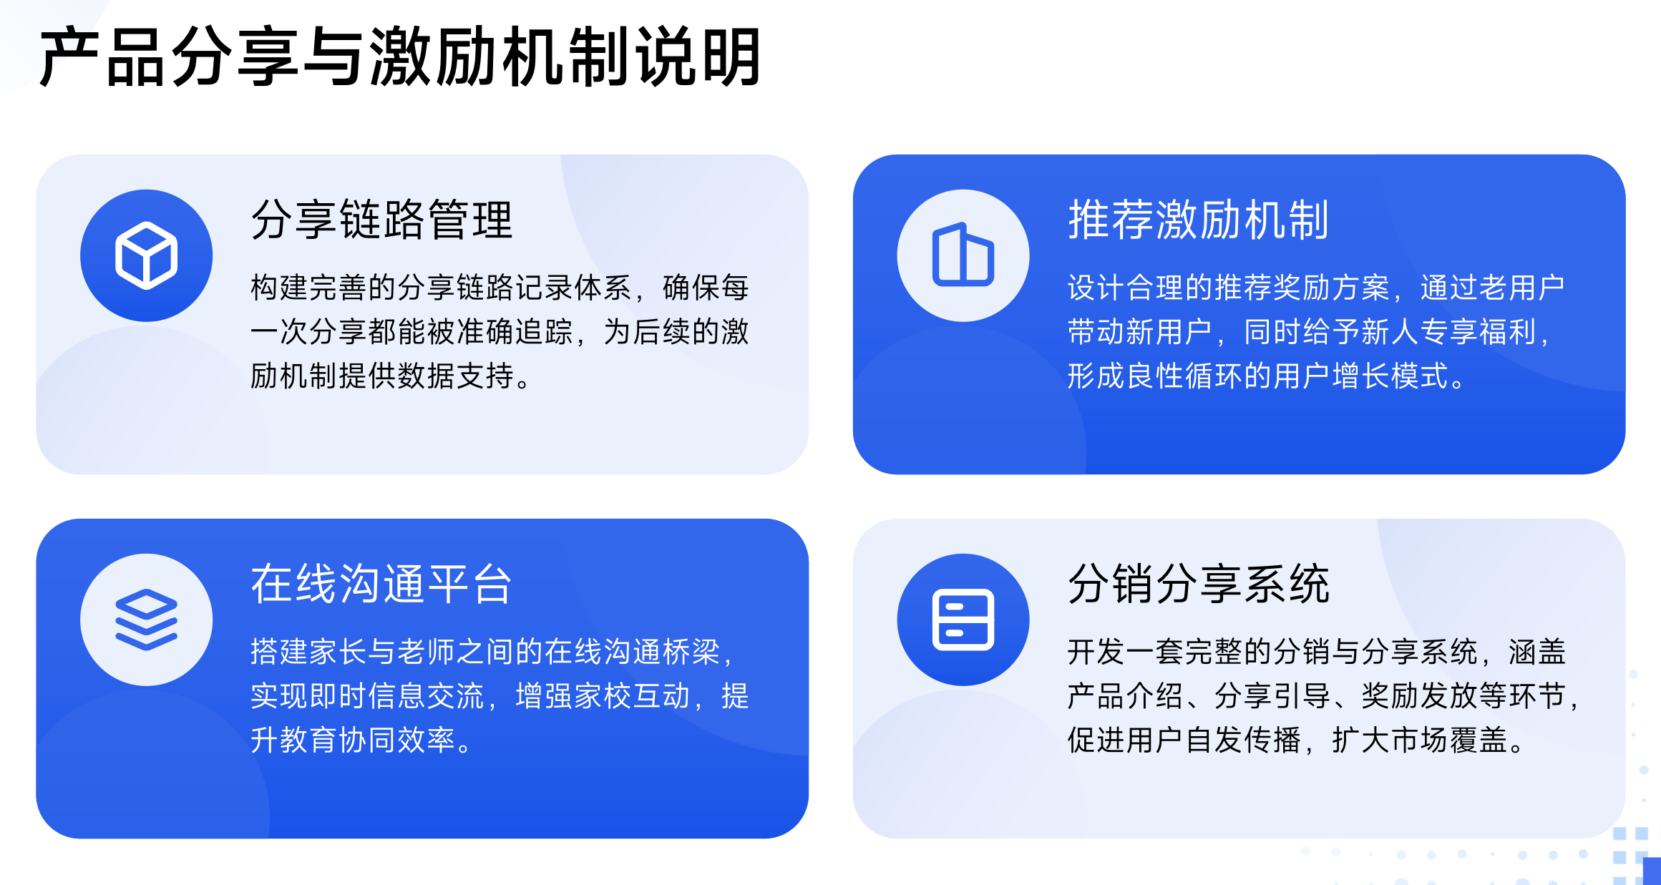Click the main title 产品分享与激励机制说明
399,57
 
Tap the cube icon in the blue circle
146,255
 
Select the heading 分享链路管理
381,220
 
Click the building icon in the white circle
963,255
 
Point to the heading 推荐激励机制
1198,220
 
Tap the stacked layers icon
146,620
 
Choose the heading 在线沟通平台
381,584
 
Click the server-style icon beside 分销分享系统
963,620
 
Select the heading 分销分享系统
1198,584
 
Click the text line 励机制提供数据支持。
391,376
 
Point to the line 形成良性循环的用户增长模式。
1267,376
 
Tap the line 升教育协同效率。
361,740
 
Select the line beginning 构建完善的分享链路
500,288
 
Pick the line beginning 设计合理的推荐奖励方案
1315,288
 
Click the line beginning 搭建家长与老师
492,652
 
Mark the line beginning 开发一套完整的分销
1317,652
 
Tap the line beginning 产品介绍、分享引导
1324,695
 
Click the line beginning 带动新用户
1310,332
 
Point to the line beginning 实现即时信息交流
500,695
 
